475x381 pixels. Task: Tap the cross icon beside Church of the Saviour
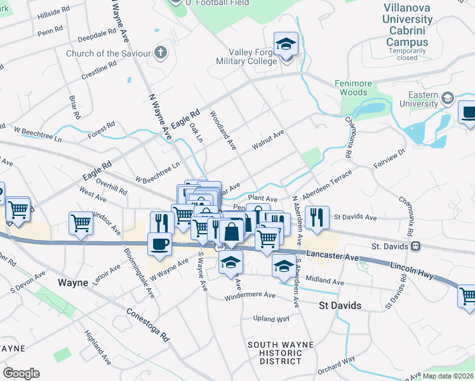coord(161,52)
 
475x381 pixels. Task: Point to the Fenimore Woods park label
coord(351,88)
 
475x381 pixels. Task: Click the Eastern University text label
coord(418,100)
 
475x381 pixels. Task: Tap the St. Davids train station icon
coord(415,246)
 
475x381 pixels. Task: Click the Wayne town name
coord(72,283)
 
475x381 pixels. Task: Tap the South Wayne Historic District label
coord(275,353)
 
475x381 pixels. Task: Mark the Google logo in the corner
coord(21,373)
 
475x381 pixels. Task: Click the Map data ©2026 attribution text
coord(448,376)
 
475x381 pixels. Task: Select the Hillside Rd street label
coord(54,12)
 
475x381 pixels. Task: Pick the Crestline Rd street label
coord(99,70)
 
